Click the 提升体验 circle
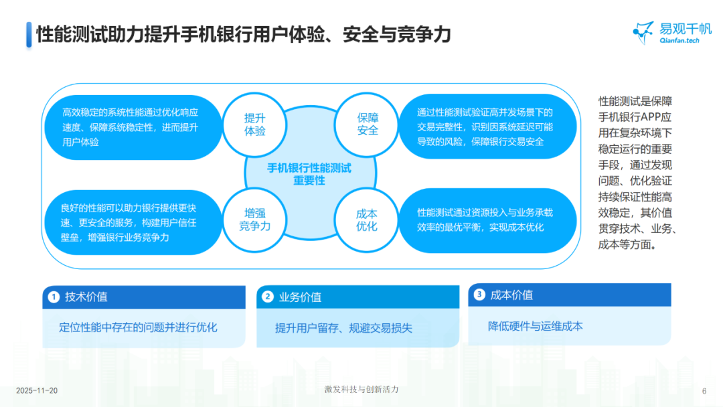click(x=255, y=125)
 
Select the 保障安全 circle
click(x=368, y=125)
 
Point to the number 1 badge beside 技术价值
click(x=53, y=297)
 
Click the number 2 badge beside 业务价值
click(x=267, y=297)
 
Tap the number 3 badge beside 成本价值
click(x=479, y=294)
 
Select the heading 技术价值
click(x=86, y=297)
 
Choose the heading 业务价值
click(x=300, y=297)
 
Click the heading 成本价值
click(x=511, y=295)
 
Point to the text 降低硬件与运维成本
click(x=535, y=326)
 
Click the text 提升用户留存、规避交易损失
click(x=343, y=328)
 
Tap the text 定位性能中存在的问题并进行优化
click(x=138, y=327)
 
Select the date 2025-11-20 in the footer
click(x=37, y=390)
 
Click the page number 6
click(x=704, y=391)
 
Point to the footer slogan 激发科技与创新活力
click(x=361, y=390)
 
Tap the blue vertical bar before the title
click(x=29, y=35)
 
